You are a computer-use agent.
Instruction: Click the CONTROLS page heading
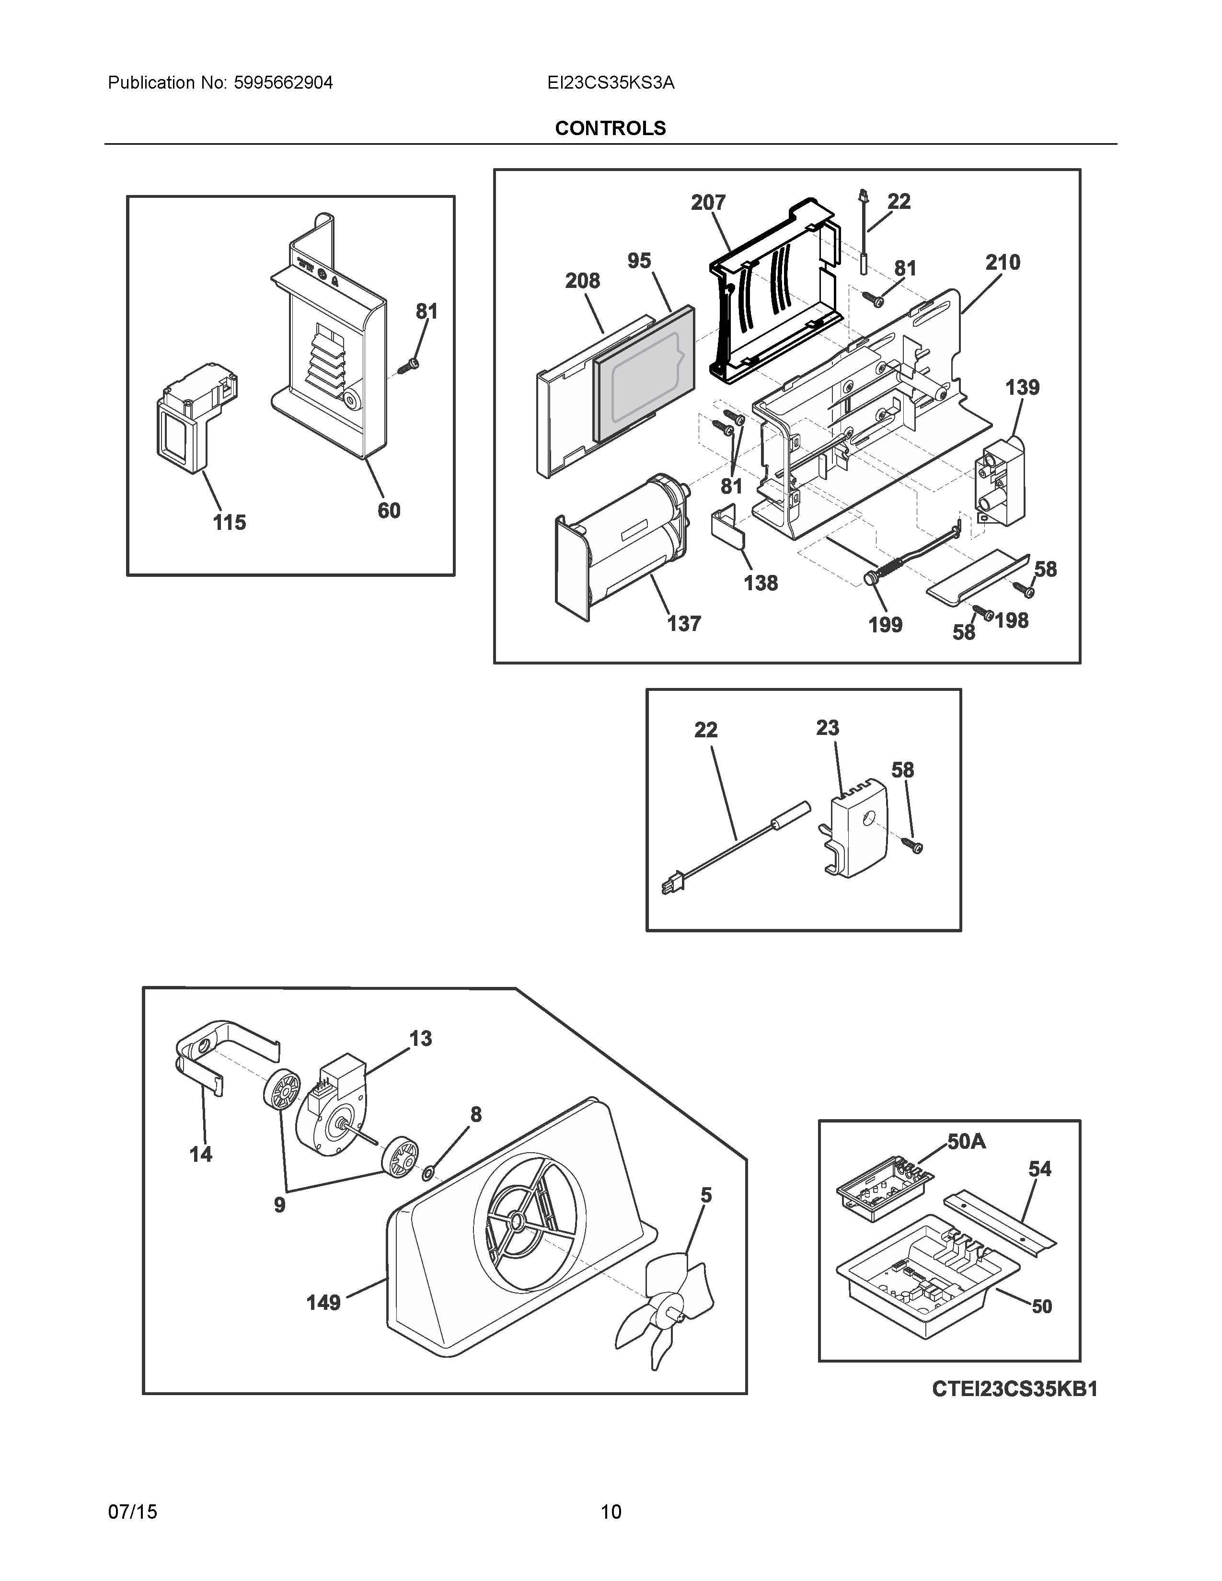610,128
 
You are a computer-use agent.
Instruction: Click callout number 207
707,203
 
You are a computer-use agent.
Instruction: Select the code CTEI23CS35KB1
1014,1388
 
